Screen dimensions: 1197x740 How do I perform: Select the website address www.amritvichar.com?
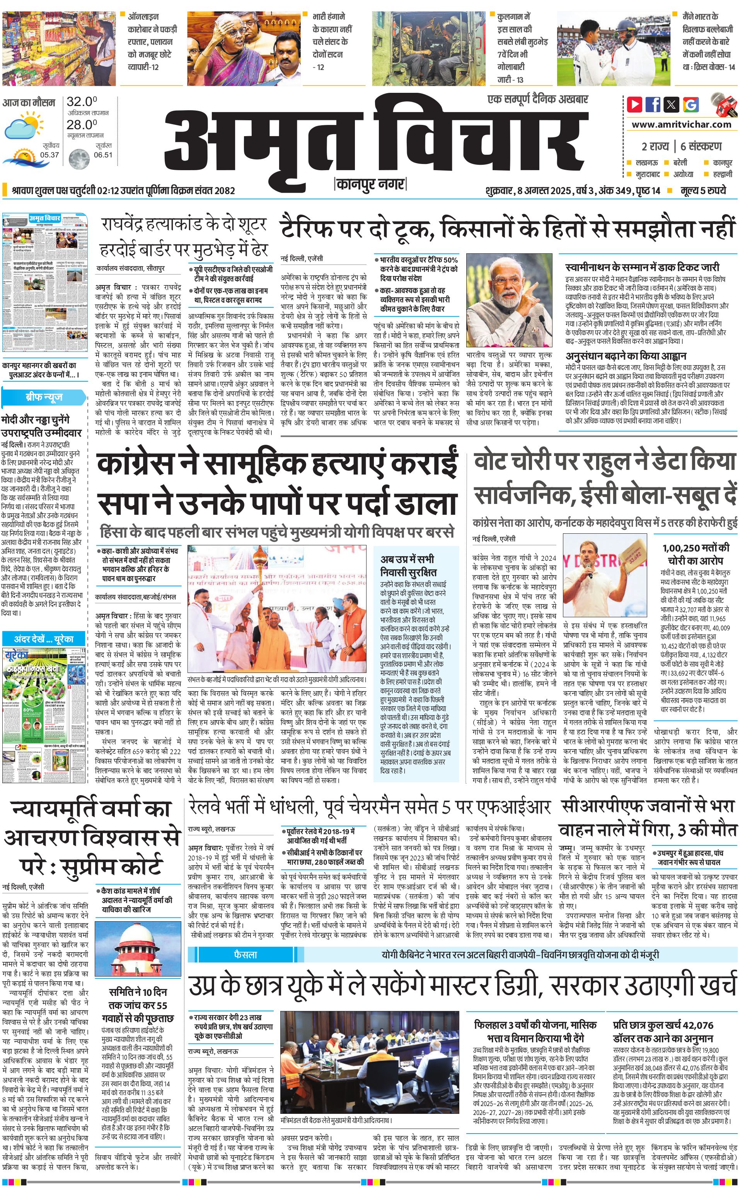tap(681, 125)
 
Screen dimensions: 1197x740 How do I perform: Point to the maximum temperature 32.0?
tap(82, 102)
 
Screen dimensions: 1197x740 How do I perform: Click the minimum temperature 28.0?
tap(82, 125)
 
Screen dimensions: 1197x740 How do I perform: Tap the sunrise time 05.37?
tap(49, 155)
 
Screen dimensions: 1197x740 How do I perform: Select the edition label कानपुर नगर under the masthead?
tap(370, 184)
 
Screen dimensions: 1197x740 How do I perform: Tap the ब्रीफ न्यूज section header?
tap(44, 397)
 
